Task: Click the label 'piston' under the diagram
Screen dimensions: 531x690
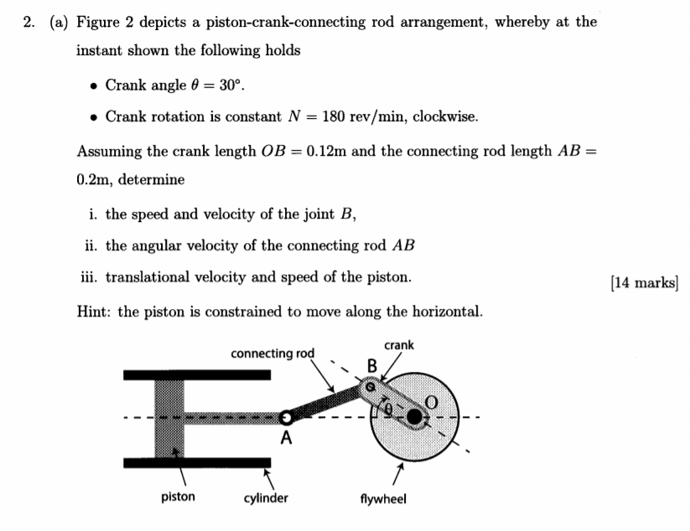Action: (178, 497)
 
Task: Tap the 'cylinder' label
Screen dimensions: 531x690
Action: (266, 498)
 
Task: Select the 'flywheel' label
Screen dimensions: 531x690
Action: (383, 498)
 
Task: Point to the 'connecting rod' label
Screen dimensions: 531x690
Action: (272, 353)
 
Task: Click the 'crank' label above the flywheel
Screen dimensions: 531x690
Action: (399, 345)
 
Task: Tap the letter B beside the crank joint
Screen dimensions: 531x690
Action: (372, 365)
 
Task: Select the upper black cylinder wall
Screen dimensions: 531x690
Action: (197, 374)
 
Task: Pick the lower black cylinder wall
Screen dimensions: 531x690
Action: (197, 462)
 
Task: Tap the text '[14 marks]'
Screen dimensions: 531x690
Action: (644, 282)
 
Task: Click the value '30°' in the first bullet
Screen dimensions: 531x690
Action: (231, 85)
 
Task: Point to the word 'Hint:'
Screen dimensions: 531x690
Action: (95, 312)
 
